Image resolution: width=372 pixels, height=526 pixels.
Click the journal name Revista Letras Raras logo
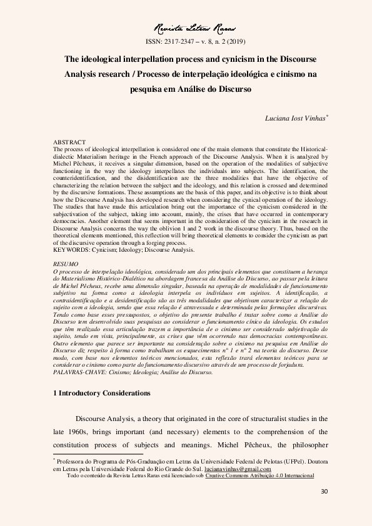[186, 28]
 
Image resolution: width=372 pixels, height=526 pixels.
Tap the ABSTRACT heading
[69, 143]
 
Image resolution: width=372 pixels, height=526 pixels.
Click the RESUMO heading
[66, 265]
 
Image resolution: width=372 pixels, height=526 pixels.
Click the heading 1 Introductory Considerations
[103, 394]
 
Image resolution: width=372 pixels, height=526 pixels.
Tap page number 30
[324, 491]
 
